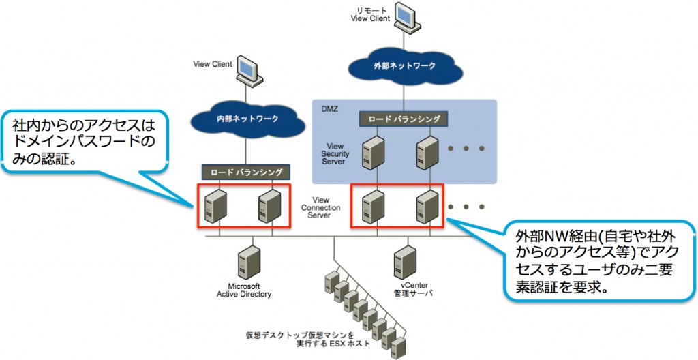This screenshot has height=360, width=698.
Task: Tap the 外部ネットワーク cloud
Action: pyautogui.click(x=404, y=66)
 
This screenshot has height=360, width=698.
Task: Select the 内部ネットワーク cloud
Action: pyautogui.click(x=247, y=119)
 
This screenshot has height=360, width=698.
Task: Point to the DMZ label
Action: pyautogui.click(x=330, y=108)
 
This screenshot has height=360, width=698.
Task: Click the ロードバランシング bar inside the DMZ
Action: pyautogui.click(x=404, y=119)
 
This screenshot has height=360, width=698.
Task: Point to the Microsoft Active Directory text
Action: pyautogui.click(x=244, y=290)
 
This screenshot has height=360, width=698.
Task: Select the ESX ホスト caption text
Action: pyautogui.click(x=307, y=339)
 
